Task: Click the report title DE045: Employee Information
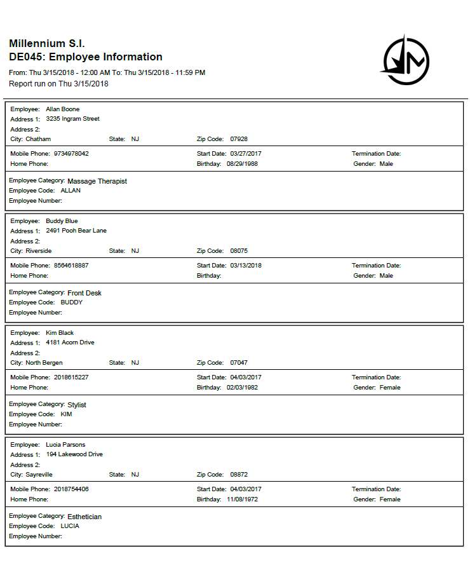click(86, 57)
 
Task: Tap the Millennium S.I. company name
click(47, 44)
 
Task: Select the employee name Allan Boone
click(62, 109)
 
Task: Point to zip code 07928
click(239, 139)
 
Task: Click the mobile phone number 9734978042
click(71, 154)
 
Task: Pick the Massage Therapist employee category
click(97, 181)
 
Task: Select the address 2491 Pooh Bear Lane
click(76, 231)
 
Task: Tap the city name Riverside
click(39, 250)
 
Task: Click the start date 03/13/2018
click(245, 266)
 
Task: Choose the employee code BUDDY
click(71, 302)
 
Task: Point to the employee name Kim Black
click(60, 333)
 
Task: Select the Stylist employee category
click(77, 405)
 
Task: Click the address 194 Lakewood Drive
click(74, 454)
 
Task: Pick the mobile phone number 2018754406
click(71, 489)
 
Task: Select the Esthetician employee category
click(84, 517)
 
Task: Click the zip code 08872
click(239, 474)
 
